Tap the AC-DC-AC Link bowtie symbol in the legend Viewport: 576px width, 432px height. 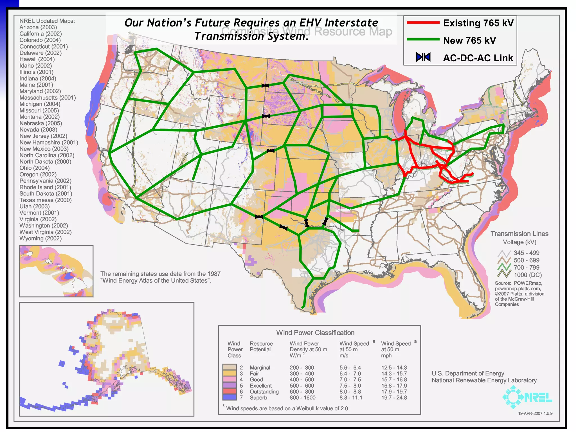pos(423,57)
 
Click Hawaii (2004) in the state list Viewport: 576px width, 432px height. pos(37,59)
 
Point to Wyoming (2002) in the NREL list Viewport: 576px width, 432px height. pos(40,238)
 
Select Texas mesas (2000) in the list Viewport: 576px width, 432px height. pos(45,200)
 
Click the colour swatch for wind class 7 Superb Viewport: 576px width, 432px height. pos(229,397)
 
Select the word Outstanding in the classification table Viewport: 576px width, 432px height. pos(264,391)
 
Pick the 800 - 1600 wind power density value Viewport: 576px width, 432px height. pos(302,398)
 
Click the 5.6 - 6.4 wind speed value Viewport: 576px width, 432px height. pos(350,368)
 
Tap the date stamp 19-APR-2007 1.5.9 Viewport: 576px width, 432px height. pos(535,413)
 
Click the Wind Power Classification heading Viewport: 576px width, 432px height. pos(315,333)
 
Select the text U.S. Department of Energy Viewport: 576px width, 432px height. pos(468,373)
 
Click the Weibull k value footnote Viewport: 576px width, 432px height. pos(287,408)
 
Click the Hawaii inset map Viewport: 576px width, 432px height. pos(56,271)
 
